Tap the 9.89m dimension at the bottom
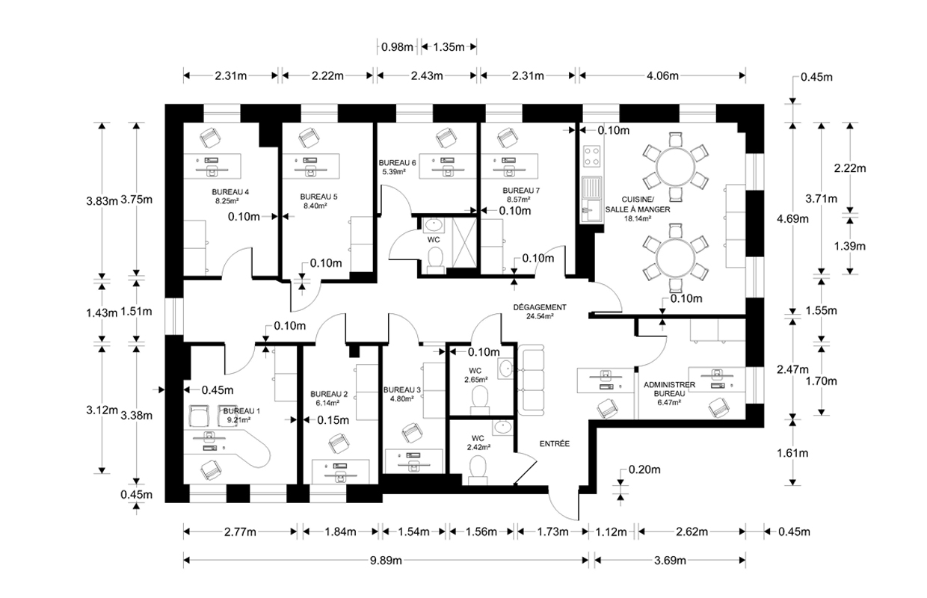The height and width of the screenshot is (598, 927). point(386,561)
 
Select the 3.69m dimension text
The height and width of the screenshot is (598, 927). point(670,561)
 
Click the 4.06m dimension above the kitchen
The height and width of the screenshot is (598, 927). point(662,75)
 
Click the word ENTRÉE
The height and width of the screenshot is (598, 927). point(555,443)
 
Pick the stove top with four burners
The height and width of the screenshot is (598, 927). point(592,156)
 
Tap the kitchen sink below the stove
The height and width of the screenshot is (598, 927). point(591,200)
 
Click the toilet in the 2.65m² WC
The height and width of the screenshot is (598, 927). point(480,399)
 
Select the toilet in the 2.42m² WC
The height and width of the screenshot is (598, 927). point(478,470)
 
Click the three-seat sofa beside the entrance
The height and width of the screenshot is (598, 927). point(531,380)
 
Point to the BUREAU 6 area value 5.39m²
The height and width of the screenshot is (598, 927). point(393,172)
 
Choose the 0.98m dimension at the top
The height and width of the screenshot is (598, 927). point(397,47)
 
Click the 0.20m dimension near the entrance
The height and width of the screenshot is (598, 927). point(644,469)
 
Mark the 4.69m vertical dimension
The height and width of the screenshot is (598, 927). point(792,219)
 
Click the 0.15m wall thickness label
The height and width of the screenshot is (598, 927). point(333,420)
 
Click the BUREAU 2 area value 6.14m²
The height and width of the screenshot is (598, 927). point(328,403)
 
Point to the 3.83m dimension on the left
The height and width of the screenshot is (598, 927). point(102,201)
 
